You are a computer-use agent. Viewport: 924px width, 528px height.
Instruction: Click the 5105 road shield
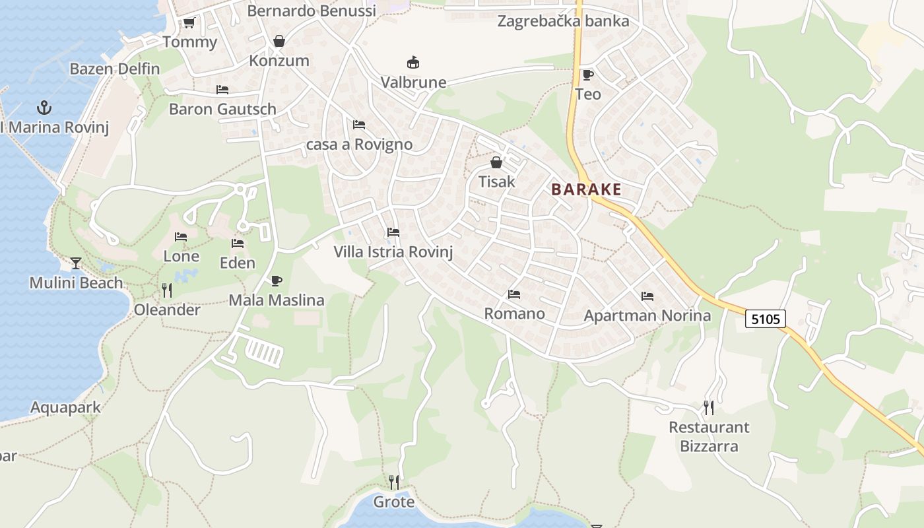766,319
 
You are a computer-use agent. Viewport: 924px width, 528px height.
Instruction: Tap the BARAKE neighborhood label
586,189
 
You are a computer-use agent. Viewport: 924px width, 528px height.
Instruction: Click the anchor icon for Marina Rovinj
44,107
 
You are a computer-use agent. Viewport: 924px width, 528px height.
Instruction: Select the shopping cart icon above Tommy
189,23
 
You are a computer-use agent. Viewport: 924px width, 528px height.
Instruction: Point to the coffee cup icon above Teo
587,75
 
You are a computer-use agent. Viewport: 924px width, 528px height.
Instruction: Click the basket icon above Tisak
496,162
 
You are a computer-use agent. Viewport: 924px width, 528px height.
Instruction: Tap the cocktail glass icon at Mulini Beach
76,263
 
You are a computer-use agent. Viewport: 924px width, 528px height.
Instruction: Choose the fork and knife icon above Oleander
167,290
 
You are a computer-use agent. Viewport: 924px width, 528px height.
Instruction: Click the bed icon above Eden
238,244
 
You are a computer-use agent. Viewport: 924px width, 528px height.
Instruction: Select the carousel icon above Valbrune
413,63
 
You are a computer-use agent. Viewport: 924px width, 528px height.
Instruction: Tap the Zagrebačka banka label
563,21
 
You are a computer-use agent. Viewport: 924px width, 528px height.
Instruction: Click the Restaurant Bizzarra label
709,436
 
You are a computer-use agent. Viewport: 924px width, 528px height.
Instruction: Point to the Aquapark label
66,407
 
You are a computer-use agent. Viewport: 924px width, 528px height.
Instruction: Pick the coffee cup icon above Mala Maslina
277,281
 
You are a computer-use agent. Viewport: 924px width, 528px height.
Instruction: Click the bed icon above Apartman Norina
647,296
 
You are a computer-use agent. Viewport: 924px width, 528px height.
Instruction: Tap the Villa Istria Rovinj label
393,251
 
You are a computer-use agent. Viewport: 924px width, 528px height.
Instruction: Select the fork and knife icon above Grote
394,482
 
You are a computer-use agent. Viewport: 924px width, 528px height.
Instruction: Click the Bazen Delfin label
115,69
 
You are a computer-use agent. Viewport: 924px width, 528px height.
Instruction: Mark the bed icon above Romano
514,294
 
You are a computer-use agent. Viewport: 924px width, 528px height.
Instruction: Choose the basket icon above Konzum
279,42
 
